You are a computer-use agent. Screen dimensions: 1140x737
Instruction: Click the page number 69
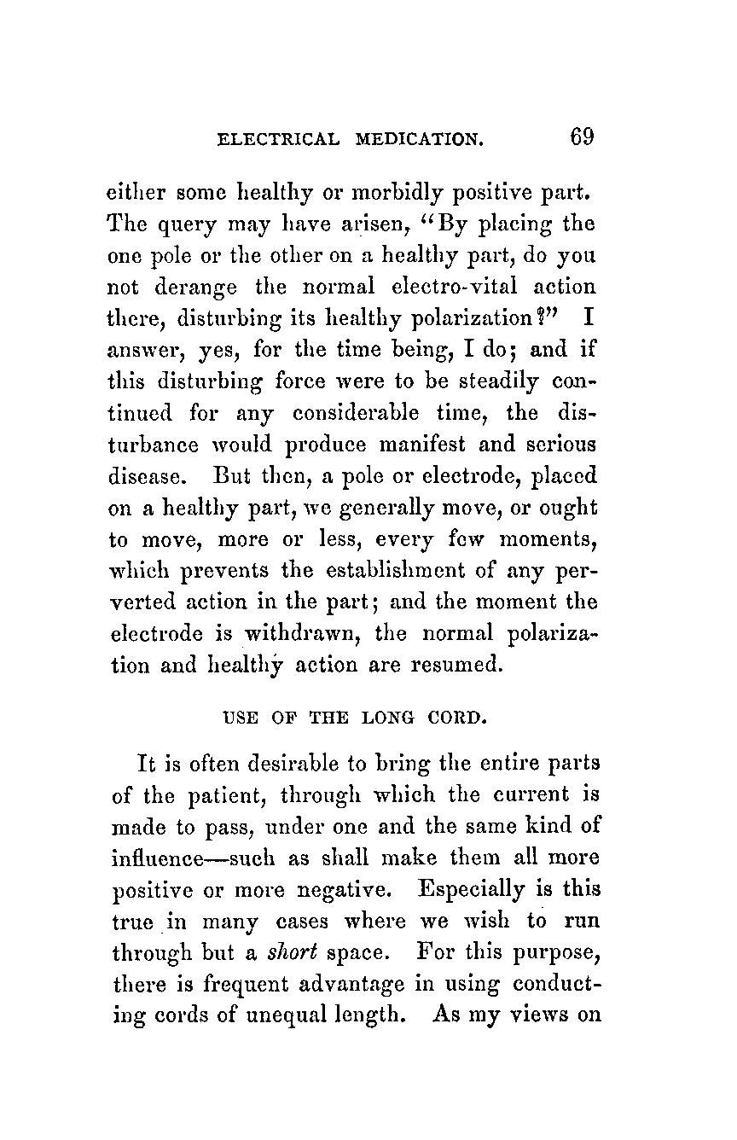tap(582, 137)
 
